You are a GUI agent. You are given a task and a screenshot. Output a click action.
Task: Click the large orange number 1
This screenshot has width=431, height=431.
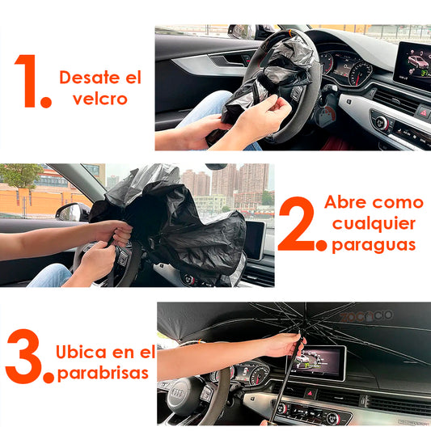[30, 82]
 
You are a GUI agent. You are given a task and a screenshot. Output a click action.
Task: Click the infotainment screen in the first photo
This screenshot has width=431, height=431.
[412, 64]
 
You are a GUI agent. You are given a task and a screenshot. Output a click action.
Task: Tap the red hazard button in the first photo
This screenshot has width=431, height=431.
[422, 111]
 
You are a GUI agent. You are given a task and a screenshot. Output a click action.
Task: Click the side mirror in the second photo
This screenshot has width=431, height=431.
[72, 213]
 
